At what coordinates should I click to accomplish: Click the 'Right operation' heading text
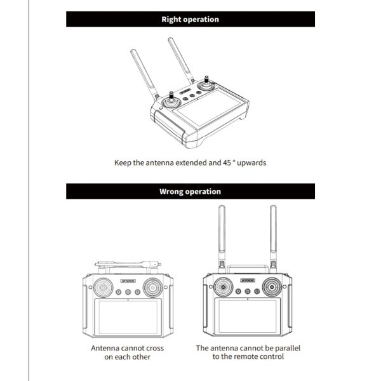[x=190, y=19]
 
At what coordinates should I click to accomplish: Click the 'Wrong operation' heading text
[x=190, y=191]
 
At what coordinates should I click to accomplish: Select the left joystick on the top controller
[x=171, y=100]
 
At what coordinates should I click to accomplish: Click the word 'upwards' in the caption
[x=251, y=163]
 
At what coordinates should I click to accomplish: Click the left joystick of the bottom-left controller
[x=102, y=289]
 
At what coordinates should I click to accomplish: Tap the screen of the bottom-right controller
[x=247, y=318]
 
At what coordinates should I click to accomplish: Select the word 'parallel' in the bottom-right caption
[x=283, y=348]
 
